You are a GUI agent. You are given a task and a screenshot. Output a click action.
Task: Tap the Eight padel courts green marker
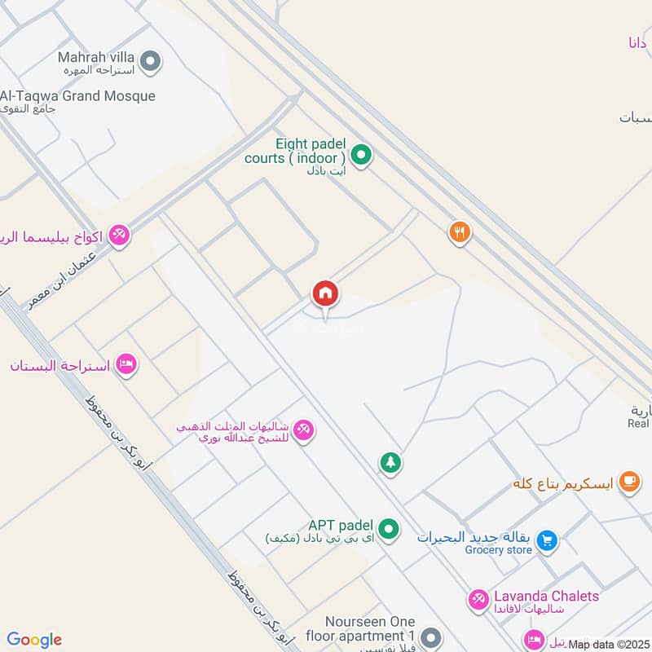360,153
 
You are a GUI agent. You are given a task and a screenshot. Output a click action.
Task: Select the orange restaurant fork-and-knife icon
460,233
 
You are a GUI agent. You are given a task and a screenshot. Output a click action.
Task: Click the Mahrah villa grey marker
150,60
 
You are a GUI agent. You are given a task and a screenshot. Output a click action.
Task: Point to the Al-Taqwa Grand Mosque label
77,96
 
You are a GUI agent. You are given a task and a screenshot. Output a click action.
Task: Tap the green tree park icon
390,463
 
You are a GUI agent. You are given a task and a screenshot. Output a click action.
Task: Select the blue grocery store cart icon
548,540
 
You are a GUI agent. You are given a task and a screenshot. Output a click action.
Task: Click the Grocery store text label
498,550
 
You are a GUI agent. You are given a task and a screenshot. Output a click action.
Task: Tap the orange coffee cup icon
628,482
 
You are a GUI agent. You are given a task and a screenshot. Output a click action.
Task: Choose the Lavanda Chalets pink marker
478,600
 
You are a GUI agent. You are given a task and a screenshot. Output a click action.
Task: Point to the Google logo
34,640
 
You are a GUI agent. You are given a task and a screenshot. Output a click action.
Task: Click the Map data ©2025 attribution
607,645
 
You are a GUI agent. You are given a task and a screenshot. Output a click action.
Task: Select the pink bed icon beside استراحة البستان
126,363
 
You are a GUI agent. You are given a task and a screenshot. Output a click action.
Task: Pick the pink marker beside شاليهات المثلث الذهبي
303,429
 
